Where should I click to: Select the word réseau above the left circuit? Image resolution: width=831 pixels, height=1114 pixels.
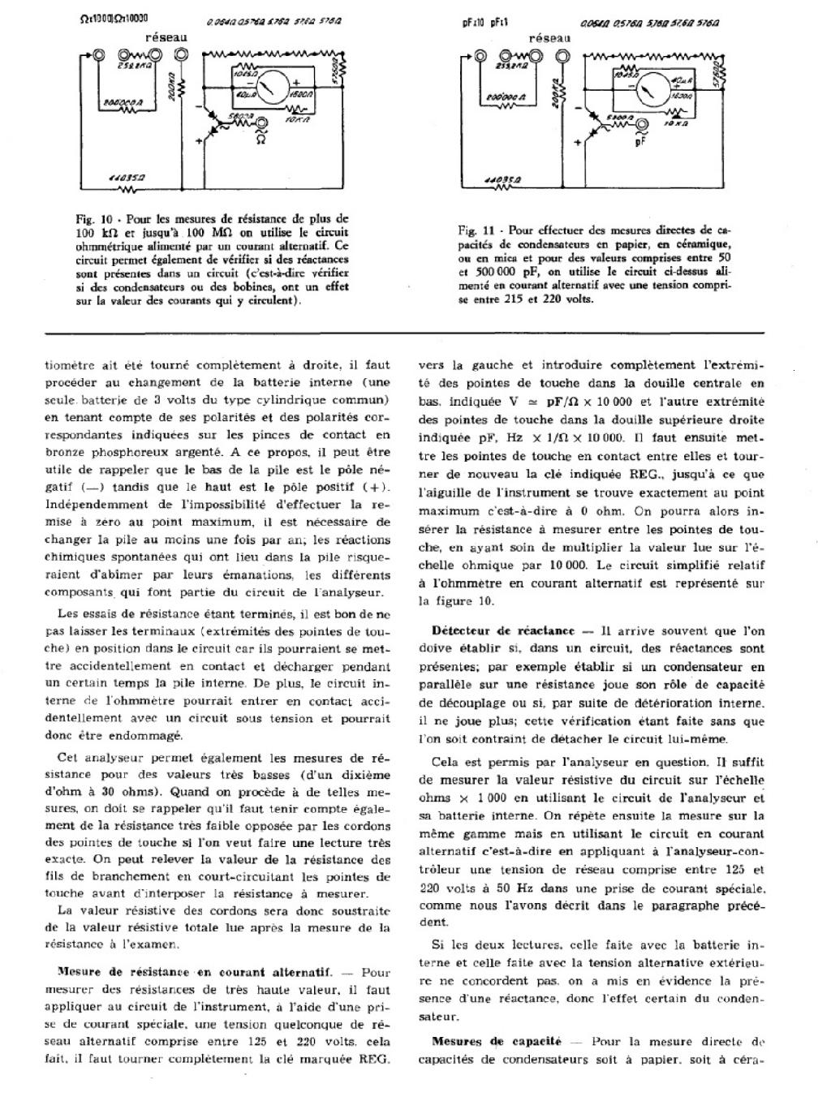pos(167,37)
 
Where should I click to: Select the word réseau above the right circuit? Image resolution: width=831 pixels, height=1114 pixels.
pos(549,37)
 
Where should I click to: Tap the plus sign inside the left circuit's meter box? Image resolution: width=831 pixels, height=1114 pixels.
pos(297,82)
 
